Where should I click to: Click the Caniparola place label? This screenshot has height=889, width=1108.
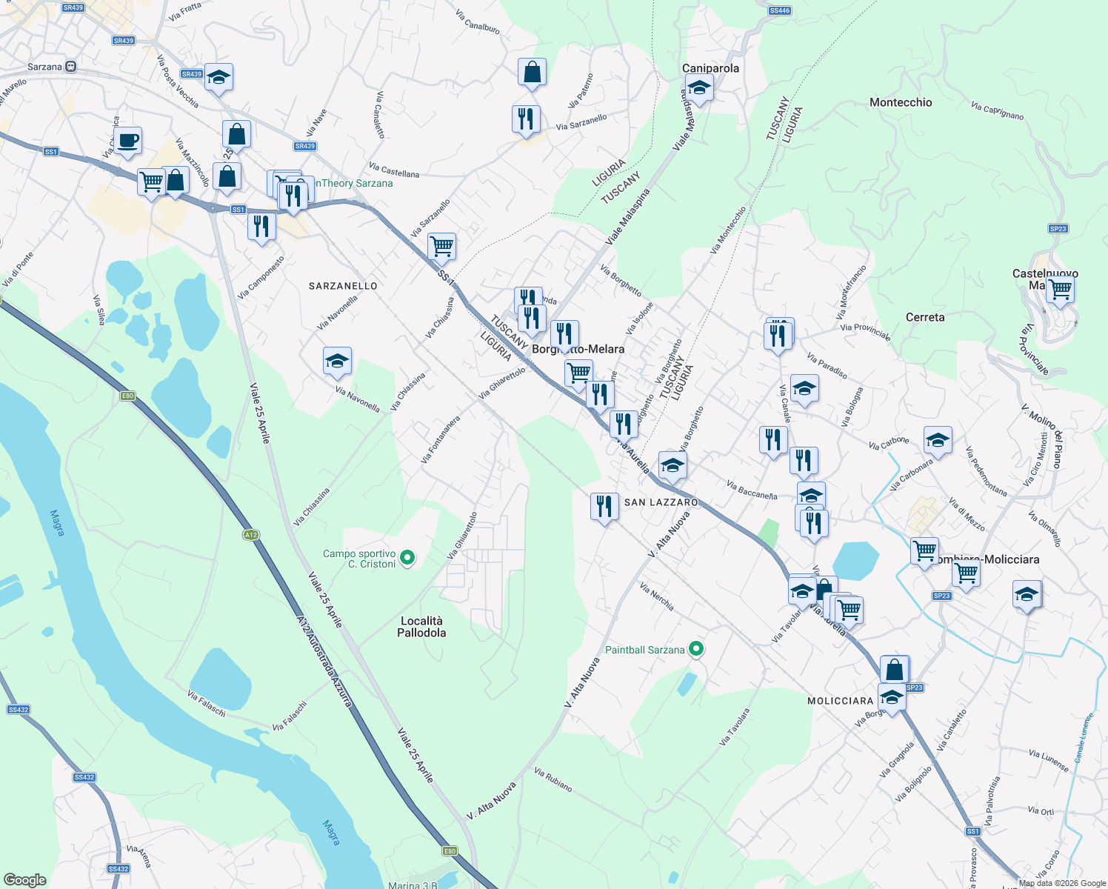[710, 68]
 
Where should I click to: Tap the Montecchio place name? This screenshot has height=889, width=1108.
[901, 102]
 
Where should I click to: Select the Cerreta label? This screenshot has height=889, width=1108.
[925, 317]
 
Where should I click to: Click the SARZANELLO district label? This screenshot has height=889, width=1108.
[343, 286]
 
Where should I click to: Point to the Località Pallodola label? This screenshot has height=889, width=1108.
[421, 627]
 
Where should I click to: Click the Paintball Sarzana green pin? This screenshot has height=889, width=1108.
[696, 650]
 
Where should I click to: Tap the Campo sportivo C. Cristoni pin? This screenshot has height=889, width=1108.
[407, 557]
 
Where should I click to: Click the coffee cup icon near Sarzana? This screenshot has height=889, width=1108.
[127, 140]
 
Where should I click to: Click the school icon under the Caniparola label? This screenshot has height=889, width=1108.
[698, 89]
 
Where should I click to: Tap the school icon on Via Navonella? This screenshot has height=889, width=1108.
[337, 362]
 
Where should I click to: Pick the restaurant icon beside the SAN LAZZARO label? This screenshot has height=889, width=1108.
[604, 507]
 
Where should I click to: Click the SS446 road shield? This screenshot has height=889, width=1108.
[779, 10]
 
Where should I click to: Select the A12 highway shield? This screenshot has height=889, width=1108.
[251, 535]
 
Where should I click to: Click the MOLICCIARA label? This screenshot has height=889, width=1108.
[840, 701]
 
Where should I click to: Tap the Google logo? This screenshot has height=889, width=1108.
[24, 880]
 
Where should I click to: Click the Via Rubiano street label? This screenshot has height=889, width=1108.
[553, 780]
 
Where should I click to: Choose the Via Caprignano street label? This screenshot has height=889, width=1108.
[997, 111]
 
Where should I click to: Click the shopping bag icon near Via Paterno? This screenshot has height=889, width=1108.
[532, 73]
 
